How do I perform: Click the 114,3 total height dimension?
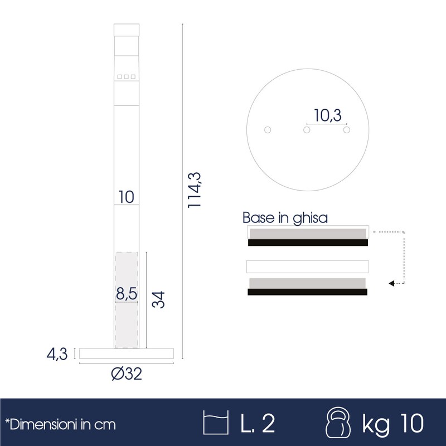pyautogui.click(x=194, y=190)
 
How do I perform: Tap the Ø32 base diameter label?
pyautogui.click(x=127, y=374)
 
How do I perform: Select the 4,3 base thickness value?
pyautogui.click(x=57, y=354)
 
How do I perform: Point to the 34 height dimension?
pyautogui.click(x=158, y=299)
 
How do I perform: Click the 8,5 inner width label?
pyautogui.click(x=127, y=294)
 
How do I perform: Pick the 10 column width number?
pyautogui.click(x=126, y=197)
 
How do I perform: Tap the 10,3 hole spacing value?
pyautogui.click(x=327, y=115)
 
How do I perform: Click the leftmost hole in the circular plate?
pyautogui.click(x=268, y=130)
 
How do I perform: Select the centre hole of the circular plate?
pyautogui.click(x=307, y=130)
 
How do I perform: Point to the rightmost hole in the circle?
pyautogui.click(x=346, y=130)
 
